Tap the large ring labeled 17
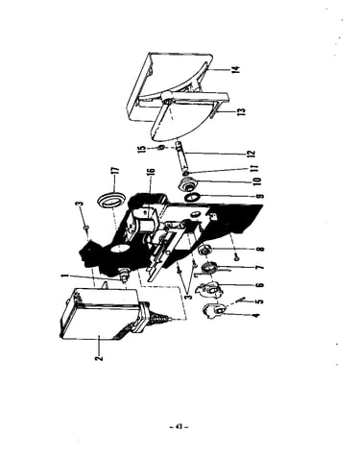coord(110,201)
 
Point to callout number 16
coord(151,176)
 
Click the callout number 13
coord(242,111)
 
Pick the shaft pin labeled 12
coord(181,156)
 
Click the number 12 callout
coord(252,154)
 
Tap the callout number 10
coord(257,180)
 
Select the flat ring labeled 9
coord(193,197)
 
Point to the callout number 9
coord(260,196)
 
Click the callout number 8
coord(261,249)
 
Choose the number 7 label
coord(260,267)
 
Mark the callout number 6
coord(260,284)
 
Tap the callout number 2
coord(100,357)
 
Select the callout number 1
coord(65,276)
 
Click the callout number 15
coord(142,149)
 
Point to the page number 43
coord(179,426)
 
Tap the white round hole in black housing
coord(122,250)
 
